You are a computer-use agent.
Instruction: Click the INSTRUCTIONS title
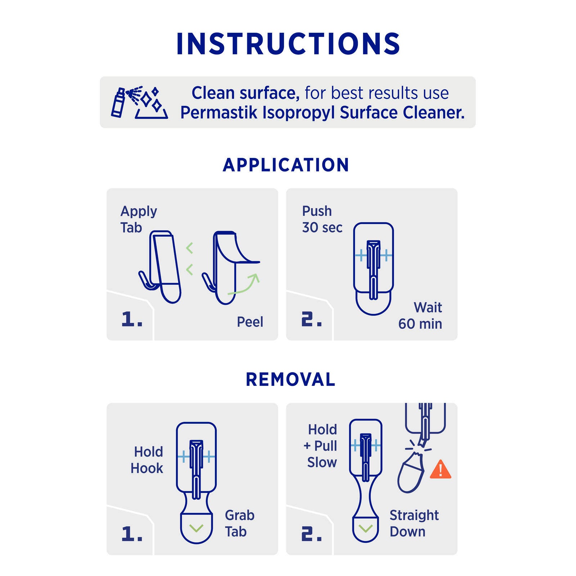click(288, 44)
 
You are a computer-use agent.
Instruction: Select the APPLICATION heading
click(286, 165)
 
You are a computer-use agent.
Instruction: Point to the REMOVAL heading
click(291, 379)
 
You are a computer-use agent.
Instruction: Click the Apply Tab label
click(139, 220)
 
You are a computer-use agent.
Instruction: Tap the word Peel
click(250, 322)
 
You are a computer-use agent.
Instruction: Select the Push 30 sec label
click(322, 219)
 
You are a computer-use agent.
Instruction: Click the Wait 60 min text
click(420, 316)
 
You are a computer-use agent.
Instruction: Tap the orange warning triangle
click(441, 470)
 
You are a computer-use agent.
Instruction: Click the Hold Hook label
click(147, 460)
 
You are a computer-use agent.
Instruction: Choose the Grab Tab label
click(240, 523)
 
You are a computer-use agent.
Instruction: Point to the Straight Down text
click(414, 523)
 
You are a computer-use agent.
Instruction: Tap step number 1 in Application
click(132, 319)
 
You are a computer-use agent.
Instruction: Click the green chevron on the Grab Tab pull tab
click(196, 528)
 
